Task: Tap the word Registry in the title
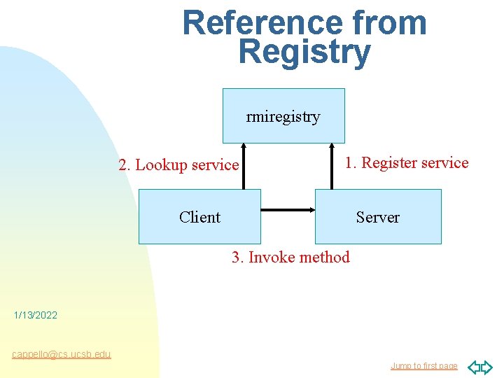click(304, 53)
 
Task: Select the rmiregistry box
click(283, 116)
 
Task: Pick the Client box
click(199, 217)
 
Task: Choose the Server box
click(378, 217)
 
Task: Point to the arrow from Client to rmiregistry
click(244, 167)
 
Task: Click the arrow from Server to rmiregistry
click(330, 167)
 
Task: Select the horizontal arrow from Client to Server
click(288, 209)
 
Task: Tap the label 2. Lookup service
click(178, 165)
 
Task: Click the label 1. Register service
click(407, 163)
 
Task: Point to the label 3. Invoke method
click(290, 258)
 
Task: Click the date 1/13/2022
click(36, 316)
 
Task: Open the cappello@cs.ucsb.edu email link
click(62, 354)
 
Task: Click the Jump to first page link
click(423, 366)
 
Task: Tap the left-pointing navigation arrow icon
click(474, 367)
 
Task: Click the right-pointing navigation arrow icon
click(486, 367)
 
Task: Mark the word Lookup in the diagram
click(162, 165)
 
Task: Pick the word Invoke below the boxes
click(272, 258)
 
